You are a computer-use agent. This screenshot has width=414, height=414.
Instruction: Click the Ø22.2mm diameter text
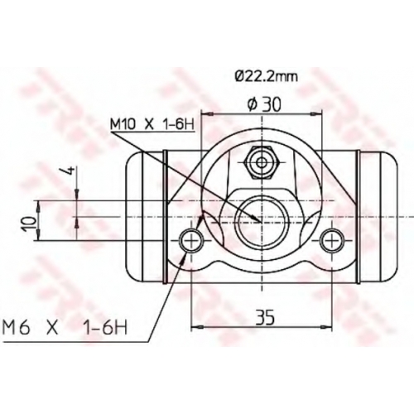point(267,76)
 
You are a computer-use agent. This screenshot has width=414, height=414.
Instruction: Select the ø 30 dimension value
point(264,105)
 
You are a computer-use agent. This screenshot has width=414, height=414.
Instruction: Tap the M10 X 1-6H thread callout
point(152,124)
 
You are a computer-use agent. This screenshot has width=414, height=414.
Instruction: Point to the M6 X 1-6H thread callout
point(65,327)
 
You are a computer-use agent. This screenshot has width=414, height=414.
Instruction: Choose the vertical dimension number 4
point(70,171)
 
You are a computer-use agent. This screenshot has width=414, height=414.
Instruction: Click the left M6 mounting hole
point(191,240)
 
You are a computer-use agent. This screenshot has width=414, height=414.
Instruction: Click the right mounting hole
point(331,240)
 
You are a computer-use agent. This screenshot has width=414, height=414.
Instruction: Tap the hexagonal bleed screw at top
point(261,162)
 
